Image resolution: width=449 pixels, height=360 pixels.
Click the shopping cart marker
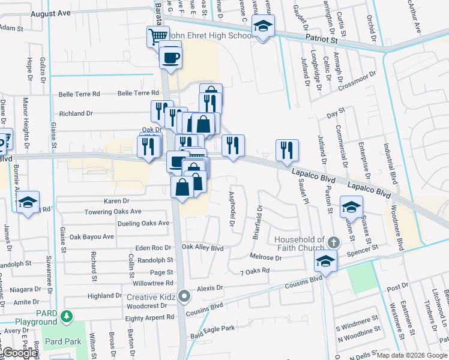tap(157, 36)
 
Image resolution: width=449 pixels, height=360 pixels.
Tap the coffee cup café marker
tap(170, 58)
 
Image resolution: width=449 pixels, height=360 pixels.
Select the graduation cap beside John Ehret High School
tap(262, 26)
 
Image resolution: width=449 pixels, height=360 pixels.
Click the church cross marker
tap(334, 242)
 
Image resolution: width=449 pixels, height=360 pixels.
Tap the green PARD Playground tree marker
tap(68, 315)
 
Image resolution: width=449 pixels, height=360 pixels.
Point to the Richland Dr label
tap(76, 113)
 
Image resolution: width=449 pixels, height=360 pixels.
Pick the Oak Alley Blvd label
tap(202, 247)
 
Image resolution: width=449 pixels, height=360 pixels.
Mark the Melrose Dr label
tap(270, 257)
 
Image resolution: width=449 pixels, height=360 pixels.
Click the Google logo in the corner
tap(19, 353)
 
